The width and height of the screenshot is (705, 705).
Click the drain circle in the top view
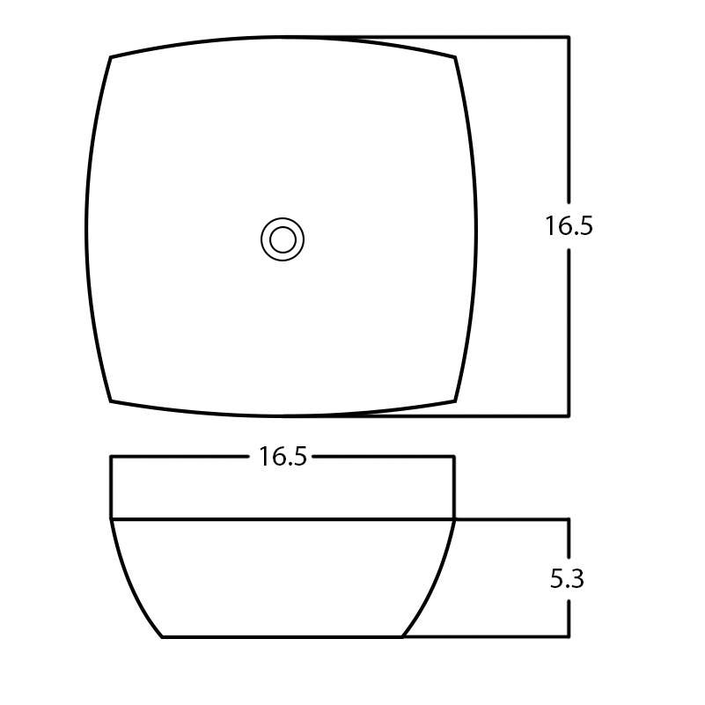(283, 239)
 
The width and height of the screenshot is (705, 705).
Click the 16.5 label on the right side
(569, 226)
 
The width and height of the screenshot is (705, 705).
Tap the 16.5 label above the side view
(283, 457)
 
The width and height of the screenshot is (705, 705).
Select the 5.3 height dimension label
(567, 579)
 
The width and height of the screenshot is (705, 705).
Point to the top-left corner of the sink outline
(110, 57)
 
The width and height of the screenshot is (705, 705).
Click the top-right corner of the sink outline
(456, 58)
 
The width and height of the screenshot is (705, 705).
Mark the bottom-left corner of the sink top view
(110, 401)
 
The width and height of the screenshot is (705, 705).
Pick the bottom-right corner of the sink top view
(456, 401)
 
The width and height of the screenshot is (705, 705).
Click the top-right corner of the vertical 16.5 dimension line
(569, 37)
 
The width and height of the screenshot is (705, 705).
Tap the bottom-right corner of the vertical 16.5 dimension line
(569, 415)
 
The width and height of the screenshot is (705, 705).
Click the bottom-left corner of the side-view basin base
(163, 636)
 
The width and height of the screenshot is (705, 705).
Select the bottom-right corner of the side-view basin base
(402, 636)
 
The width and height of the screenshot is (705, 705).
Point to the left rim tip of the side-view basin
(111, 519)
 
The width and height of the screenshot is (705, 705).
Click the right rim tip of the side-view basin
(454, 519)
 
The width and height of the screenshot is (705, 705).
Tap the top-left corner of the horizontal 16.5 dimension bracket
(111, 456)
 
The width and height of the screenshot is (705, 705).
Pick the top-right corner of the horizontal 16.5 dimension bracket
(454, 456)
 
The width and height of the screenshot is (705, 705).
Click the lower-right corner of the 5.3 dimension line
(569, 636)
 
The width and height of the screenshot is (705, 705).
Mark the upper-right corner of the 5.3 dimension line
(569, 519)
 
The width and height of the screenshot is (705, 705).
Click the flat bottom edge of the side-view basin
(282, 636)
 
